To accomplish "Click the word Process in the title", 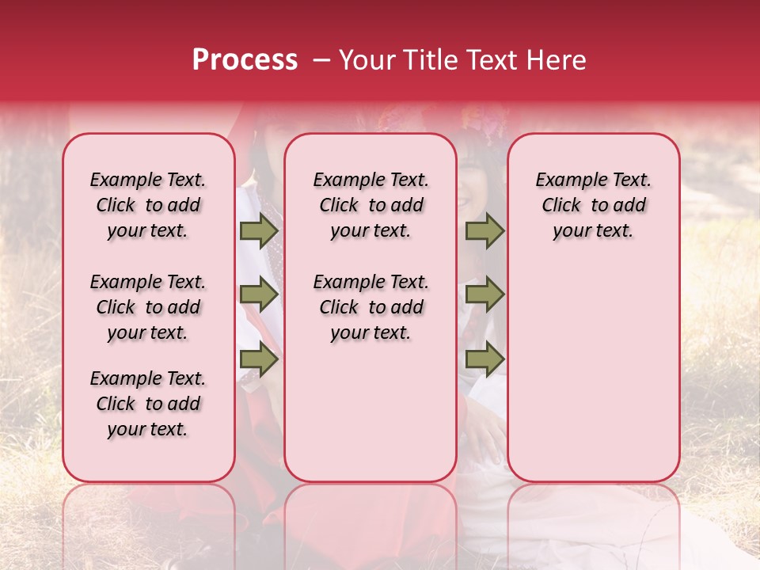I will point(245,60).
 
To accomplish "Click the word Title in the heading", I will point(428,60).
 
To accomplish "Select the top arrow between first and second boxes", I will point(259,231).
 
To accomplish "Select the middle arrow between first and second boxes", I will point(259,295).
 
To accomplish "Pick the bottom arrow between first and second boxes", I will point(259,359).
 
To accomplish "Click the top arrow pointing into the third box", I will point(484,231).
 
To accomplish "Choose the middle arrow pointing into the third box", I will point(484,295).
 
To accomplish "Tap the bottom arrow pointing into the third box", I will point(484,359).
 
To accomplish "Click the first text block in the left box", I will point(148,205).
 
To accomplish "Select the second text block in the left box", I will point(148,307).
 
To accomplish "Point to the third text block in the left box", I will point(148,404).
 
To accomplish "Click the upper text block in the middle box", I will point(370,205).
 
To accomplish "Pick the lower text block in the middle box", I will point(370,307).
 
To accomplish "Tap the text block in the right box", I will point(593,205).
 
